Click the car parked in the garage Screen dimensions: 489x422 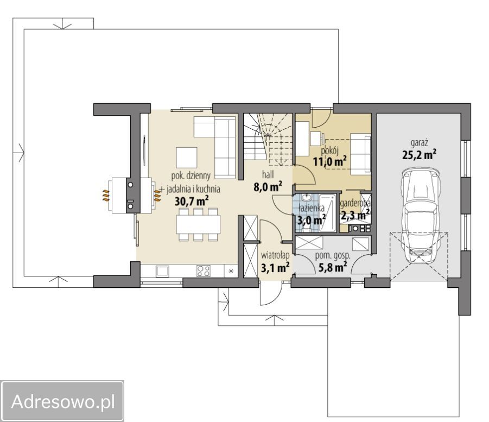tap(421, 216)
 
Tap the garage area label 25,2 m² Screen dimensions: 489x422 tap(419, 154)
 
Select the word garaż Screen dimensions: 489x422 tap(419, 143)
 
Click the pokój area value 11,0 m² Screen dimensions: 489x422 tap(329, 161)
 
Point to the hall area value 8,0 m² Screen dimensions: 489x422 tap(268, 187)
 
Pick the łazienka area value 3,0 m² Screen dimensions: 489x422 tap(311, 220)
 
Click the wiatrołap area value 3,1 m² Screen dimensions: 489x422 tap(275, 268)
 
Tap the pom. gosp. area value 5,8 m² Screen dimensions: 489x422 tap(333, 267)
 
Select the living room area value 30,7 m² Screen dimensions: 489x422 tap(192, 201)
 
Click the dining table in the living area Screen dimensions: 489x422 tap(198, 224)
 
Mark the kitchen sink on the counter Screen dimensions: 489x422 tap(162, 271)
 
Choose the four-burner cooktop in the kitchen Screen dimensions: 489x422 tap(204, 270)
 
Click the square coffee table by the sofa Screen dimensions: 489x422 tap(187, 158)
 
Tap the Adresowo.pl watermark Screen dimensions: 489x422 tap(62, 401)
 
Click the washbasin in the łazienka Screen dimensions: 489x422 tap(307, 198)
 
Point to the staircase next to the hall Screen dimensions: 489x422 tap(268, 140)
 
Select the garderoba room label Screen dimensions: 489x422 tap(355, 204)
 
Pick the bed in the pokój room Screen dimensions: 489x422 tap(360, 154)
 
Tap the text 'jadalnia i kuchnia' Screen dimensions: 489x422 tap(193, 189)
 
